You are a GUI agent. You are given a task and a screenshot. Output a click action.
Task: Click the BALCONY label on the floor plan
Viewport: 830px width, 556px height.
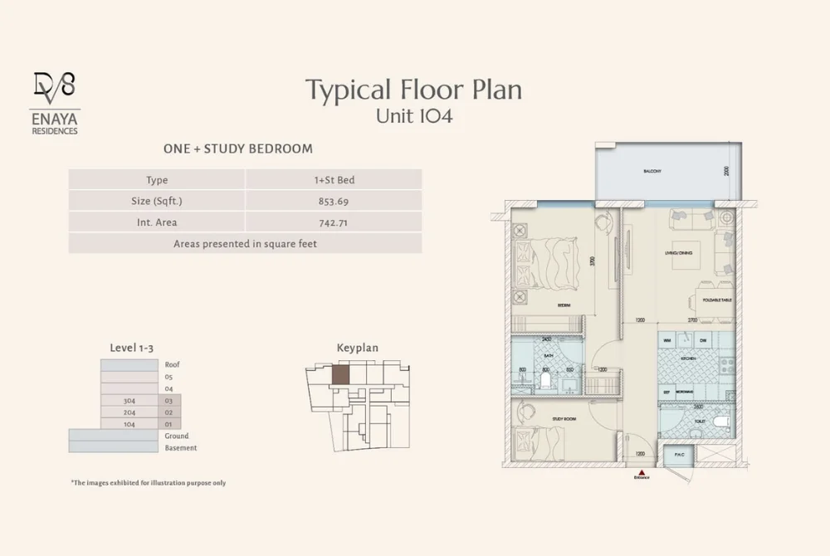click(652, 172)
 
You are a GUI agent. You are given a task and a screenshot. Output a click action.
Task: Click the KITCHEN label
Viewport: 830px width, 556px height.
click(688, 359)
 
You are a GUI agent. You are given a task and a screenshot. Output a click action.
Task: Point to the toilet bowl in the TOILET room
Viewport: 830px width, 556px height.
click(719, 422)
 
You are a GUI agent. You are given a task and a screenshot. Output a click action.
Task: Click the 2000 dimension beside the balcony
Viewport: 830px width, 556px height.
click(725, 171)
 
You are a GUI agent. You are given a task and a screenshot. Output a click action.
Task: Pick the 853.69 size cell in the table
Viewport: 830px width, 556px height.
click(333, 201)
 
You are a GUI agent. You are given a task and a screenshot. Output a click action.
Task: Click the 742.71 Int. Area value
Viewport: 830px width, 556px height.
click(333, 222)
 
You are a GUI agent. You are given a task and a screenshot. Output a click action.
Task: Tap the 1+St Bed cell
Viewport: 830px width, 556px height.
click(333, 180)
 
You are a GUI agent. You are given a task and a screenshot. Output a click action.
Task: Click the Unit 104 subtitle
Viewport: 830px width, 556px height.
click(413, 116)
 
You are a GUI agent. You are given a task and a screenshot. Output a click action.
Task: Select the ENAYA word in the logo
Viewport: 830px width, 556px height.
click(54, 119)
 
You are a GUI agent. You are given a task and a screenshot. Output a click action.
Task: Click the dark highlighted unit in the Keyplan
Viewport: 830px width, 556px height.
click(341, 373)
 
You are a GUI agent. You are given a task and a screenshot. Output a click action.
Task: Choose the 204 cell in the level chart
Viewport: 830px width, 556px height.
click(129, 412)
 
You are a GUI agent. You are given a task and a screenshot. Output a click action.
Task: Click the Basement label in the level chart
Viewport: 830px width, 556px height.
click(180, 448)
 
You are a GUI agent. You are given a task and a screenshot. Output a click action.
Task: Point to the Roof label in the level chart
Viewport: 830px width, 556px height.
click(172, 364)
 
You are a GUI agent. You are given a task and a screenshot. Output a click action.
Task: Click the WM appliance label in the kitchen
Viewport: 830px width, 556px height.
click(666, 340)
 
